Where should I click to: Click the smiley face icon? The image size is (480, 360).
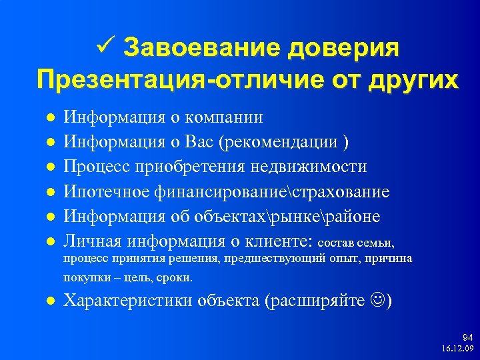pos(376,301)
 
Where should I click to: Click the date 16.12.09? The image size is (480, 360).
pos(457,349)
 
